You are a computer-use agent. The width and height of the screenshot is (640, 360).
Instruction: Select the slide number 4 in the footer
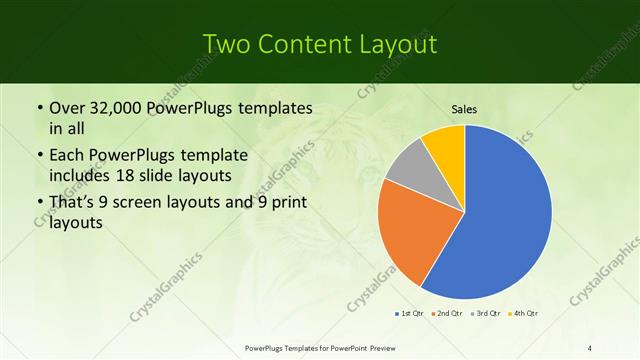pyautogui.click(x=590, y=347)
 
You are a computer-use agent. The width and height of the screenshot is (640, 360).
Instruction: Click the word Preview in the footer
pyautogui.click(x=380, y=347)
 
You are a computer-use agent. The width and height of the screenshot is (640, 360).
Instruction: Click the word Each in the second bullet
pyautogui.click(x=67, y=155)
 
